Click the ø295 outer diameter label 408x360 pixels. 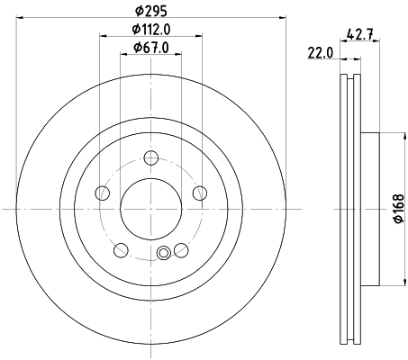[x=150, y=10]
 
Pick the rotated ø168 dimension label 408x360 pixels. [x=398, y=209]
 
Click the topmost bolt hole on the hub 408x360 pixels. [x=150, y=158]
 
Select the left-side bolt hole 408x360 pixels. [x=103, y=193]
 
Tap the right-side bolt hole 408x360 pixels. [x=198, y=193]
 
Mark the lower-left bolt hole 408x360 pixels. [x=121, y=249]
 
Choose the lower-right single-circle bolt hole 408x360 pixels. [x=180, y=249]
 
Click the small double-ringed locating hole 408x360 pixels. [x=163, y=254]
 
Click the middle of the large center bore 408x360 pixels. [x=150, y=209]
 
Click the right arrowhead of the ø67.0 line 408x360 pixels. [x=179, y=55]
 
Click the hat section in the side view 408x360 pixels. [x=367, y=209]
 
